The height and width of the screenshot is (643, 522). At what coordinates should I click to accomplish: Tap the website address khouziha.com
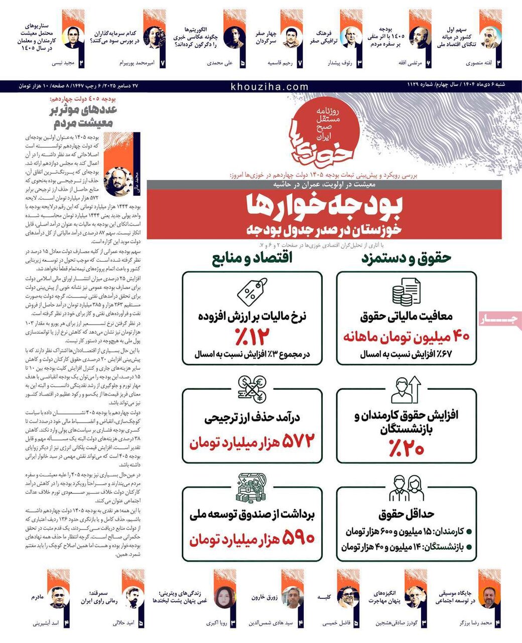[270, 86]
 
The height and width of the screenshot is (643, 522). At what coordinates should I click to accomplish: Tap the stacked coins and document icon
[406, 292]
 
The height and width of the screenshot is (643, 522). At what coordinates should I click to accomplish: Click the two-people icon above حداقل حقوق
[406, 487]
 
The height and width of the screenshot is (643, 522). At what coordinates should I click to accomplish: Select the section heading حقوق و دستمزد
[407, 258]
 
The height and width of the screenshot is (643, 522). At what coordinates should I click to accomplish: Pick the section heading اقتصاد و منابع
[252, 258]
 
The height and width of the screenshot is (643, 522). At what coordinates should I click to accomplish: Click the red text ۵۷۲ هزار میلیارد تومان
[252, 442]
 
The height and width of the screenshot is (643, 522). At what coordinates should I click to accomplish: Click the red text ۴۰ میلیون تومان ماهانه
[407, 336]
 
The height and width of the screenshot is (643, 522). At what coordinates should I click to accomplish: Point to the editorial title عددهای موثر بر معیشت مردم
[83, 116]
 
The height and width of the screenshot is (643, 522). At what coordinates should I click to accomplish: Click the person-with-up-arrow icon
[406, 389]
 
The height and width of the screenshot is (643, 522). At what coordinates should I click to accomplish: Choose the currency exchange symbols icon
[252, 389]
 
